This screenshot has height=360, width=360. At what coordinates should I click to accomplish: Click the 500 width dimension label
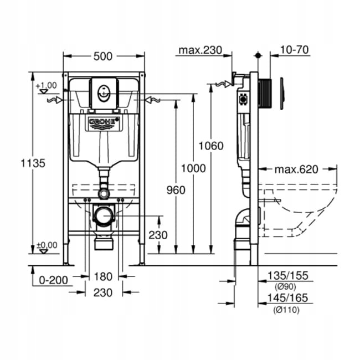104,56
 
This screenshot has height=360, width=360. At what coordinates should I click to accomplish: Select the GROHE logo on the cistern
104,121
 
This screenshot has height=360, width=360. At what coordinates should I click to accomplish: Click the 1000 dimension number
193,168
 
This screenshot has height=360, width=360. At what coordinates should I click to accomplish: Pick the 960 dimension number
175,190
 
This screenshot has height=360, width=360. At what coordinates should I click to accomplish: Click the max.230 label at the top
200,50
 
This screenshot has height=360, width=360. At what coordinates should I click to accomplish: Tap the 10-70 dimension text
295,50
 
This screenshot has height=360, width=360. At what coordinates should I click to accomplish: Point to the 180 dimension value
104,276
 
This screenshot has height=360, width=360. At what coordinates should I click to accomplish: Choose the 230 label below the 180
104,292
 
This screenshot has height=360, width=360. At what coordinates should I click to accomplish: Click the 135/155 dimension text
287,276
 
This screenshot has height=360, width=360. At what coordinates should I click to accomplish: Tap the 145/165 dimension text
287,299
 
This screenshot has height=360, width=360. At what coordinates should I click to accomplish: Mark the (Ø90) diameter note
286,286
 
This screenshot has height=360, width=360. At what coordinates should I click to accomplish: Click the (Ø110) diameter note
286,310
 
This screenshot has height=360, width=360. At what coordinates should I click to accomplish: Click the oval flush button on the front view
104,91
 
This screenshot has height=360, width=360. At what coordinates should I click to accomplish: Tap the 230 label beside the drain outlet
158,235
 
